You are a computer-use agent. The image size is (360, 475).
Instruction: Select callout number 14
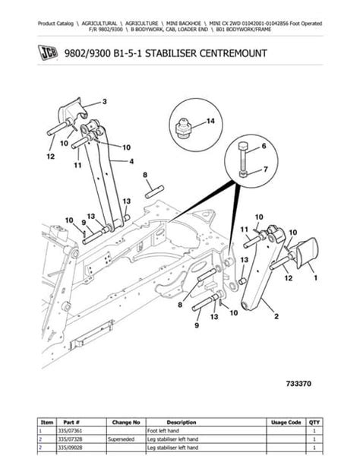[x=210, y=121]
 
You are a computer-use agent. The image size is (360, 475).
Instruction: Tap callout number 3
[x=106, y=102]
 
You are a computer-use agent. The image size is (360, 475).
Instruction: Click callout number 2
[x=273, y=314]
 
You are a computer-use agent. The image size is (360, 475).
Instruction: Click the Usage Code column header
[x=286, y=422]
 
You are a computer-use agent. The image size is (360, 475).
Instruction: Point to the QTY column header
[x=316, y=422]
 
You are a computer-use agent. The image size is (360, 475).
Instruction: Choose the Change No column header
[x=125, y=422]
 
